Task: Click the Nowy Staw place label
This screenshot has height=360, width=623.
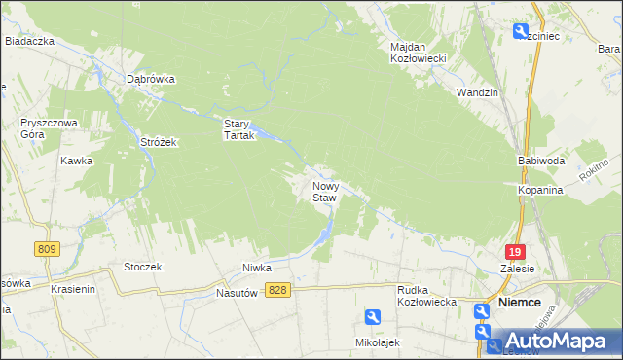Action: pyautogui.click(x=324, y=191)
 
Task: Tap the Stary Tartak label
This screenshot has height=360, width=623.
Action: pyautogui.click(x=238, y=129)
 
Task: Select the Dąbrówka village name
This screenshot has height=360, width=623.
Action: pyautogui.click(x=151, y=80)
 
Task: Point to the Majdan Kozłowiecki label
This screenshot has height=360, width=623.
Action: pyautogui.click(x=417, y=53)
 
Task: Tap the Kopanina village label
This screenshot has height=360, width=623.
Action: pyautogui.click(x=540, y=191)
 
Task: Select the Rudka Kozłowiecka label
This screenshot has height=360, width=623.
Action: pyautogui.click(x=427, y=296)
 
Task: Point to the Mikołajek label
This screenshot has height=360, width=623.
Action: pyautogui.click(x=378, y=342)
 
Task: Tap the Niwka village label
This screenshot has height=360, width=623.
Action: pyautogui.click(x=256, y=267)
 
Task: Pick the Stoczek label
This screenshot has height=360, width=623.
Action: pyautogui.click(x=142, y=266)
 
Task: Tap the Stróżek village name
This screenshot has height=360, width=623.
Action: pyautogui.click(x=157, y=143)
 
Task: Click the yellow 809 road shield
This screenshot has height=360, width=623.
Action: pyautogui.click(x=45, y=249)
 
